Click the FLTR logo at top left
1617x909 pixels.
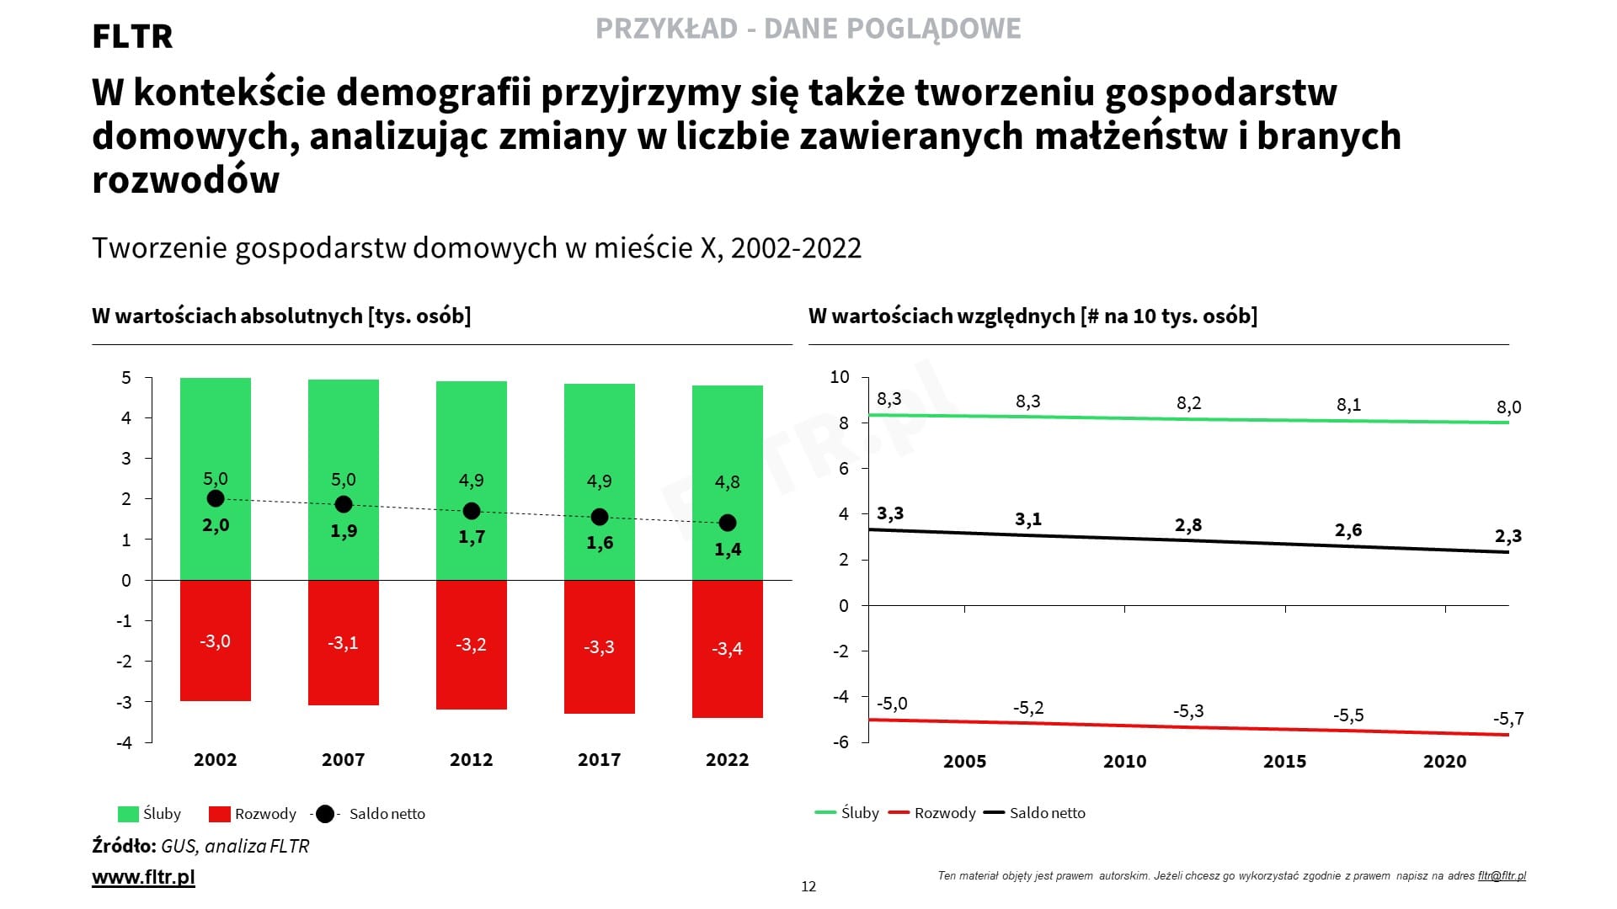tap(132, 37)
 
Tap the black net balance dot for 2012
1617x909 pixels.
tap(472, 511)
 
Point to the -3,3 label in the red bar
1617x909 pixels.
tap(599, 647)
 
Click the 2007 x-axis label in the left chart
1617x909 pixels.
tap(343, 760)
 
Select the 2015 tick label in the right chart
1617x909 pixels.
tap(1284, 762)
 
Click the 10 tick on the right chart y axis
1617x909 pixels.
tap(840, 377)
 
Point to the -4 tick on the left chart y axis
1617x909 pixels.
tap(124, 743)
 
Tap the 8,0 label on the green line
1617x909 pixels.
tap(1508, 408)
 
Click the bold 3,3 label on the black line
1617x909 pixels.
tap(890, 513)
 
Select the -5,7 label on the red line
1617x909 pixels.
tap(1508, 720)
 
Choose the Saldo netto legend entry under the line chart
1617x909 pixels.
tap(1047, 813)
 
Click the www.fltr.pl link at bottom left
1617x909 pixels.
tap(143, 877)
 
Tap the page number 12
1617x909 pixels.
tap(808, 886)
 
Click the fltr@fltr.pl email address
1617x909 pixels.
tap(1502, 876)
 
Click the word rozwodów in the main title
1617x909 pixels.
tap(185, 180)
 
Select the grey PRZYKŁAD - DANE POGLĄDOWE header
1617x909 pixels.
tap(808, 29)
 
